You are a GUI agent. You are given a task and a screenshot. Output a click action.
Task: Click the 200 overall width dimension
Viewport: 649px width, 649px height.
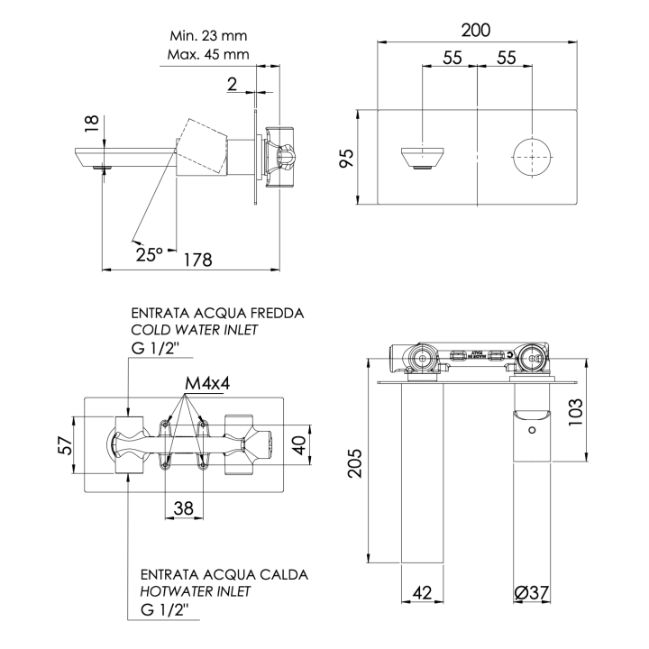point(476,30)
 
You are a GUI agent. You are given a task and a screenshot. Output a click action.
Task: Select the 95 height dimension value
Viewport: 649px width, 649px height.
point(346,159)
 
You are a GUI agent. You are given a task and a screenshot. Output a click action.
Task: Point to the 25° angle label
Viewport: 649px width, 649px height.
point(150,254)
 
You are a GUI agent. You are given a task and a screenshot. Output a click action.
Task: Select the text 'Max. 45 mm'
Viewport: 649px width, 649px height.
point(208,55)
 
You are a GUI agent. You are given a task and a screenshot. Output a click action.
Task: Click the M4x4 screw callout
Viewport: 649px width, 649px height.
point(207,383)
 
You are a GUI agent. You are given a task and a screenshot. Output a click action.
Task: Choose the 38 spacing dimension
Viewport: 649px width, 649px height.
point(183,508)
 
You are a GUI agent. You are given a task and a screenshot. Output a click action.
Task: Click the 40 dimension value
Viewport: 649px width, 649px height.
point(304,445)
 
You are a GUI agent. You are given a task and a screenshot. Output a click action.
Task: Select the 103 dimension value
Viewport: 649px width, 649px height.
point(600,410)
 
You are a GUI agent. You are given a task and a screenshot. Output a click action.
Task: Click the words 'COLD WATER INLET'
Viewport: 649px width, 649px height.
point(195,330)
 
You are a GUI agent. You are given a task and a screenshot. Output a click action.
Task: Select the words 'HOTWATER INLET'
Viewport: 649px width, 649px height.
point(196,591)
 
